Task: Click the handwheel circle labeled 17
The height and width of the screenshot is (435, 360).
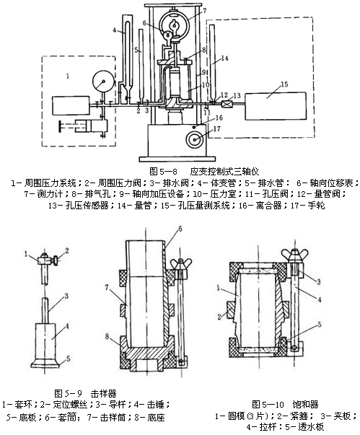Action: (194, 140)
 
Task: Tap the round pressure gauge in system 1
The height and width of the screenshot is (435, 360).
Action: (103, 81)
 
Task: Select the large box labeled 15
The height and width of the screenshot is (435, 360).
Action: (276, 106)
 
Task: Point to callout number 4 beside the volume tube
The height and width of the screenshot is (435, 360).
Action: (115, 30)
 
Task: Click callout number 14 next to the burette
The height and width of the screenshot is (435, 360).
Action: (224, 58)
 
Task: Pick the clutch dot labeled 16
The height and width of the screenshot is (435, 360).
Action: (194, 126)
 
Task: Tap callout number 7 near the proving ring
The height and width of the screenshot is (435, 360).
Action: (205, 11)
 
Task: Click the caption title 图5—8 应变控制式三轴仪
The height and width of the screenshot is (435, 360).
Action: (204, 172)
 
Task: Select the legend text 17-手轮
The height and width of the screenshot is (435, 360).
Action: (307, 206)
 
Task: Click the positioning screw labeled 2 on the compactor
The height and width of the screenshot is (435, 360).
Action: (56, 261)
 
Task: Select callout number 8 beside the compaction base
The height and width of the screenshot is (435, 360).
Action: (107, 336)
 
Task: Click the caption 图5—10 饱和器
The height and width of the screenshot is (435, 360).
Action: (285, 405)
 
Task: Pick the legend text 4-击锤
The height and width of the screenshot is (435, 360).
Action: (152, 404)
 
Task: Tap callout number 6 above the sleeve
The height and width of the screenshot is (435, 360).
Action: (180, 229)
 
